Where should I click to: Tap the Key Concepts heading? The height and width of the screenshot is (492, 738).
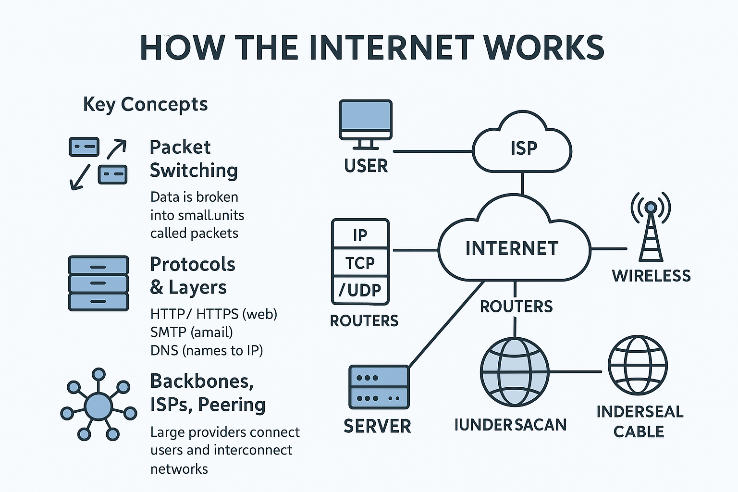click(145, 104)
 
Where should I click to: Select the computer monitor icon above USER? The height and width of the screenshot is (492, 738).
click(366, 122)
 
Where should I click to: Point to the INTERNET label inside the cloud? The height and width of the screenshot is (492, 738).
click(512, 248)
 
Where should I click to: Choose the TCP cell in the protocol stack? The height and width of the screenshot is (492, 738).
click(360, 262)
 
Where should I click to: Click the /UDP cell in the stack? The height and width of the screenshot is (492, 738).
click(360, 290)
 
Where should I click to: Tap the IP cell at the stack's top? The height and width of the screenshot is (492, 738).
click(360, 235)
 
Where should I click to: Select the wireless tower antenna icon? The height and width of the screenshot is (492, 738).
click(651, 226)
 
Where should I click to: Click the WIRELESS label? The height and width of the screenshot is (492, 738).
click(651, 276)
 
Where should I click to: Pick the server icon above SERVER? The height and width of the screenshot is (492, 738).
click(379, 387)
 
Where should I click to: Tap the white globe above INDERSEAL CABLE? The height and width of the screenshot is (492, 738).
click(638, 365)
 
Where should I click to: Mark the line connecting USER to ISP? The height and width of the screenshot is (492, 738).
click(432, 151)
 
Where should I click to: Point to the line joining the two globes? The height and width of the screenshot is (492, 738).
click(575, 372)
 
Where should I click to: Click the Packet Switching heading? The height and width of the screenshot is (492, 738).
click(193, 159)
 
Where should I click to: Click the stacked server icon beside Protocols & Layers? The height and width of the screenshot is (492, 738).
click(98, 283)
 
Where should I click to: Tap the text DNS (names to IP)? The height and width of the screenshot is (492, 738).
click(207, 350)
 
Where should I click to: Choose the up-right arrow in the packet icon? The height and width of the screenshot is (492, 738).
click(117, 149)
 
